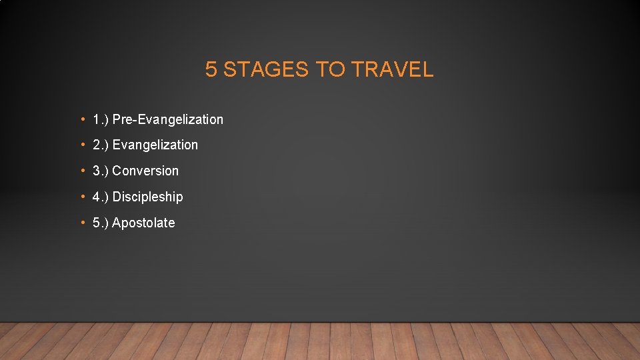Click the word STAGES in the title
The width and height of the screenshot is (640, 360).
[x=265, y=69]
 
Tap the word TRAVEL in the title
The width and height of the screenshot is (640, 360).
[x=392, y=69]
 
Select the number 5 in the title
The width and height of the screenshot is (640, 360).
[x=211, y=69]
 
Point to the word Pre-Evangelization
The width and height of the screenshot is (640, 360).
[x=168, y=120]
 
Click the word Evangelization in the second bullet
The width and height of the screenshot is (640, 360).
[x=155, y=145]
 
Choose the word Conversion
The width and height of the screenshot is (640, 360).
[x=145, y=171]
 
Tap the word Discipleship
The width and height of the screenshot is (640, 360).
[x=147, y=197]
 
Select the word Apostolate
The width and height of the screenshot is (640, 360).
[x=143, y=223]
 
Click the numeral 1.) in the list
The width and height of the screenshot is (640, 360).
[x=100, y=120]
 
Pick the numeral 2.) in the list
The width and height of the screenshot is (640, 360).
[x=100, y=145]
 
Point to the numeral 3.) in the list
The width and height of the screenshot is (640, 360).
[x=100, y=171]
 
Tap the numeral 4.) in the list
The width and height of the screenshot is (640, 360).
[x=100, y=197]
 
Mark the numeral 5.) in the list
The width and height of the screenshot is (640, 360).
[x=100, y=223]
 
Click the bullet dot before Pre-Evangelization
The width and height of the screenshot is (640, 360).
[x=81, y=120]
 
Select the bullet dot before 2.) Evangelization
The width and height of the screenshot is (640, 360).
[x=81, y=145]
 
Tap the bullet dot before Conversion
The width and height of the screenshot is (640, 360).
[x=81, y=171]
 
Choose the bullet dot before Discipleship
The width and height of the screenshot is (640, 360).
[x=81, y=197]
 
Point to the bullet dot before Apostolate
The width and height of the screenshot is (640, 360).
[x=81, y=223]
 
